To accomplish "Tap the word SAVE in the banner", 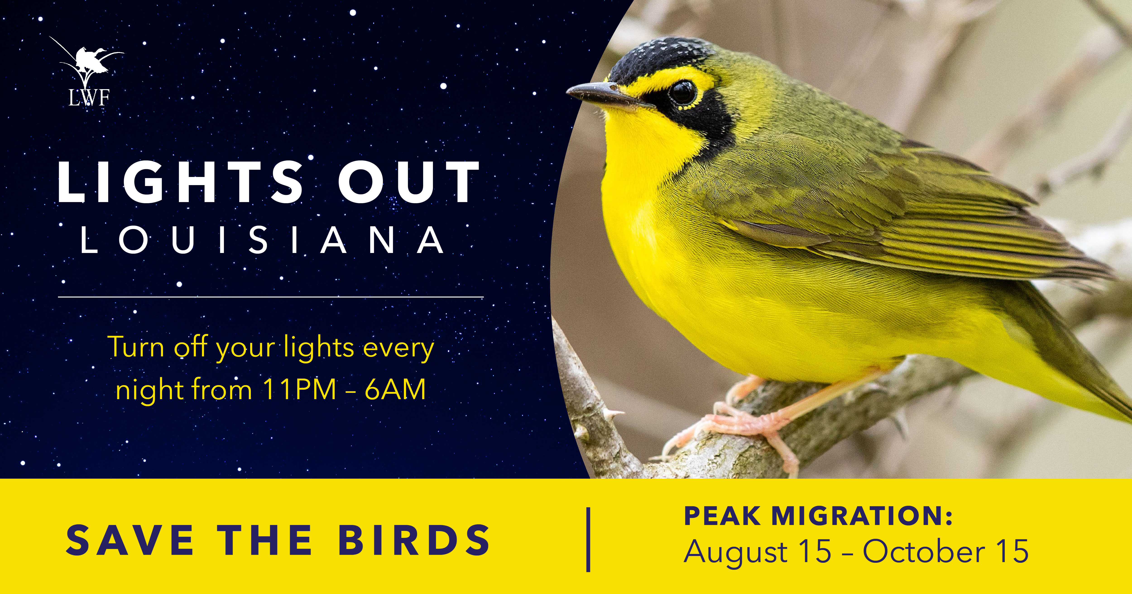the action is [130, 540].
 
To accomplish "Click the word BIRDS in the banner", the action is [414, 540].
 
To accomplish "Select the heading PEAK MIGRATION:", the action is [818, 516].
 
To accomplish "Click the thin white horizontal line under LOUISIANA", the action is [271, 297].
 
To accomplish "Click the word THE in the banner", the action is [265, 540].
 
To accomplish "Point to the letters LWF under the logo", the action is [89, 98].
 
